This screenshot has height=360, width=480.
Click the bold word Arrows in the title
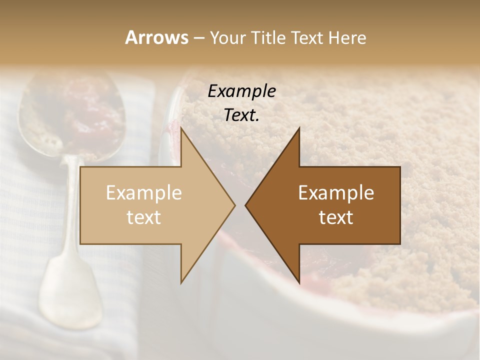pyautogui.click(x=156, y=37)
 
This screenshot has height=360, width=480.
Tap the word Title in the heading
pyautogui.click(x=268, y=37)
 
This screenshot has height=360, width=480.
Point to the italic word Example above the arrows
pyautogui.click(x=241, y=91)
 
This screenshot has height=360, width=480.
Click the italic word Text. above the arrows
pyautogui.click(x=241, y=115)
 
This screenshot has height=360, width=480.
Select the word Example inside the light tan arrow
pyautogui.click(x=144, y=192)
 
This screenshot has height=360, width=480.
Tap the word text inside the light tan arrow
pyautogui.click(x=144, y=217)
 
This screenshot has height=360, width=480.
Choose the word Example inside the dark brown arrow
pyautogui.click(x=336, y=192)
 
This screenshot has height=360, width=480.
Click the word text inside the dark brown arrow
pyautogui.click(x=336, y=217)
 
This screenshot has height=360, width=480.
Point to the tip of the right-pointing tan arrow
pyautogui.click(x=234, y=205)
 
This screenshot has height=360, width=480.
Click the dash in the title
pyautogui.click(x=198, y=38)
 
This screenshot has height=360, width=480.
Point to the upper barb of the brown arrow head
pyautogui.click(x=298, y=131)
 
